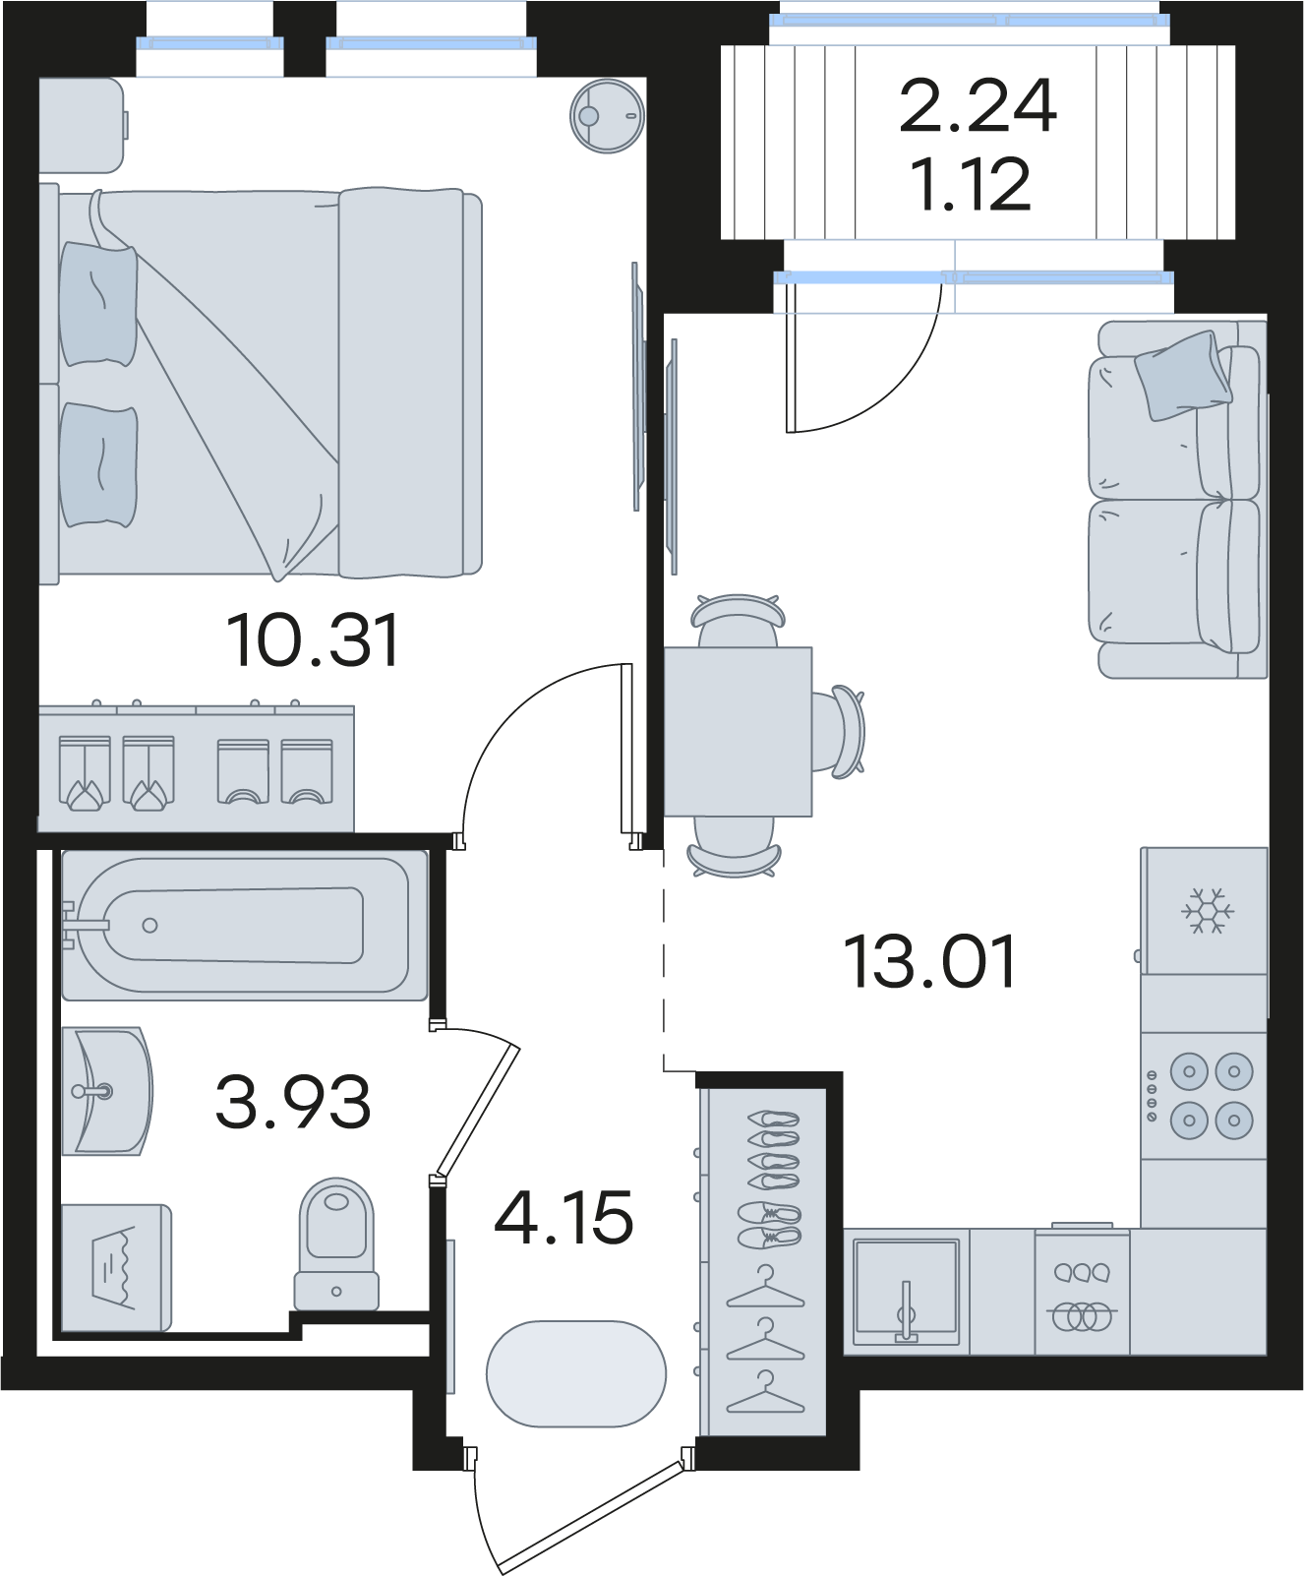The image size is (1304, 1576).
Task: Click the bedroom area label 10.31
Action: (x=313, y=640)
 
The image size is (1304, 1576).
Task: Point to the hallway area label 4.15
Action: (x=563, y=1217)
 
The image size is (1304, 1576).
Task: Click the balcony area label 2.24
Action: (x=978, y=106)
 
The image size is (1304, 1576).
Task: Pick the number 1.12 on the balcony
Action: (x=972, y=184)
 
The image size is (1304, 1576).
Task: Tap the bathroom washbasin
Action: (x=106, y=1091)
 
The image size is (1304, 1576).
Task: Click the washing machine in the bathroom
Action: (x=116, y=1267)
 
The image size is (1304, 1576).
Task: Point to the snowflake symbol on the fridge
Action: (x=1207, y=911)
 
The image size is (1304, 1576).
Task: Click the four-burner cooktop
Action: (x=1204, y=1094)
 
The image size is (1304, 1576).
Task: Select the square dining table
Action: (x=738, y=732)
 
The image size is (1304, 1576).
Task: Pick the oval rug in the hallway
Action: (x=576, y=1374)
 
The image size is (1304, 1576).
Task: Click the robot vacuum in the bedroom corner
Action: (x=608, y=116)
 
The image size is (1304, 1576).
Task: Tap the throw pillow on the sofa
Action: (x=1183, y=375)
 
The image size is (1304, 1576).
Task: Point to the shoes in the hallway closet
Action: (x=774, y=1177)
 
